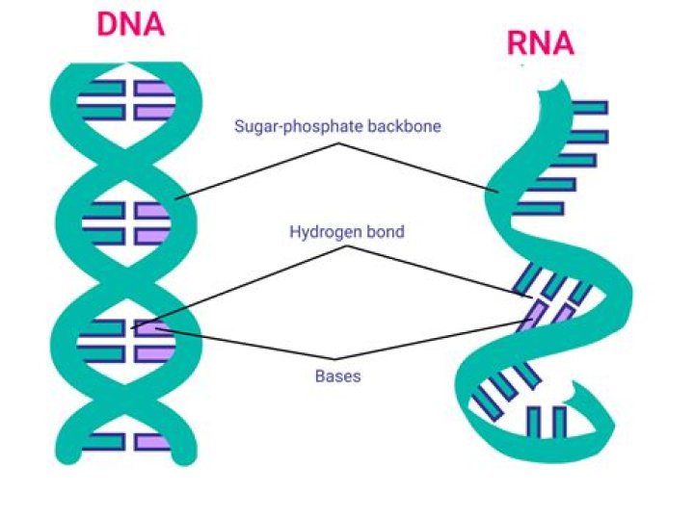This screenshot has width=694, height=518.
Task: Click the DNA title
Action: [131, 23]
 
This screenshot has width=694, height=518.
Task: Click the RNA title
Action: [540, 42]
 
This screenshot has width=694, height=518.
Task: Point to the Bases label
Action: [337, 376]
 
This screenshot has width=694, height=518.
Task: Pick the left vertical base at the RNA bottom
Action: [534, 421]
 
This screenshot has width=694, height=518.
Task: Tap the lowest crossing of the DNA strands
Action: [129, 404]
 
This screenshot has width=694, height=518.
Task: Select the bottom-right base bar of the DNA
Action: [152, 442]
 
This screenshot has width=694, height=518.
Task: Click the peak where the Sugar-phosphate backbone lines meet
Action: [338, 144]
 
